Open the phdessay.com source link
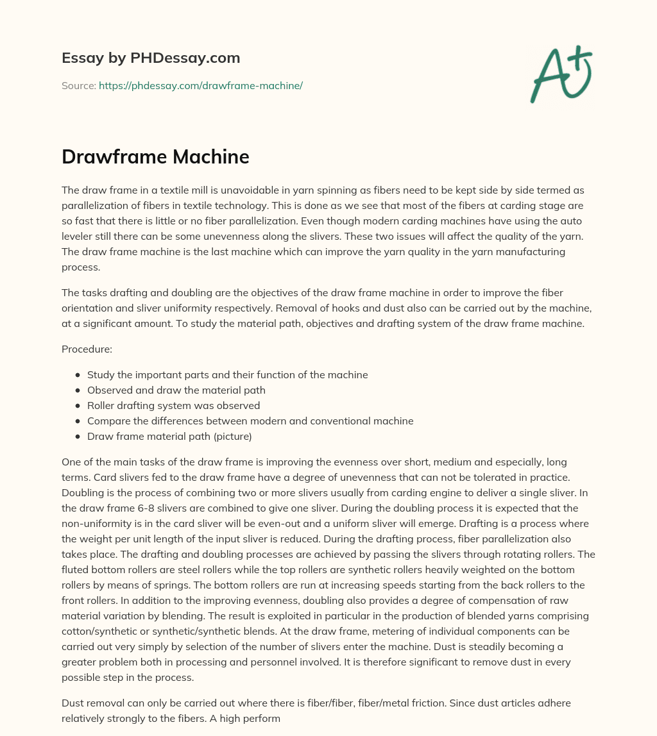(200, 85)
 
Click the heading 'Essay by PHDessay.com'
(151, 58)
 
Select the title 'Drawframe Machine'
(155, 157)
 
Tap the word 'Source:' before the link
(79, 85)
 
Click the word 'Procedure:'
(87, 349)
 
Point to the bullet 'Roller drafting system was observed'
(173, 406)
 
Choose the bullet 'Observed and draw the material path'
(176, 390)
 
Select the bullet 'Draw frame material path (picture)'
(169, 437)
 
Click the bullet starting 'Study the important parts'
(227, 375)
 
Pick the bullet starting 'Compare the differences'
(250, 421)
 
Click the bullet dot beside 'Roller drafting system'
(78, 406)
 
